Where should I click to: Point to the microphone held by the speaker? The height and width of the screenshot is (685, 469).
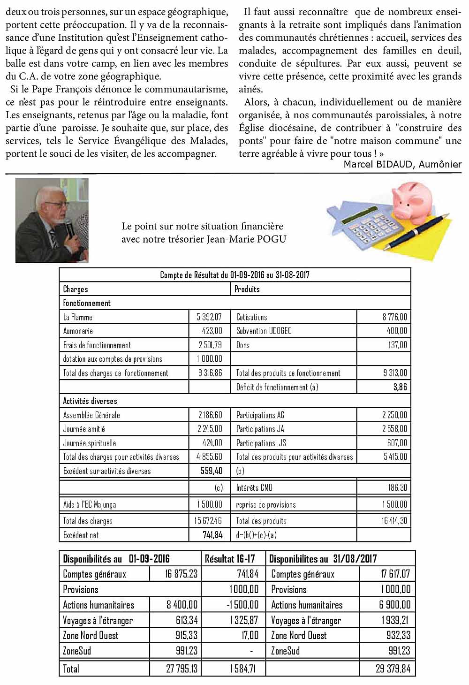[x=69, y=230]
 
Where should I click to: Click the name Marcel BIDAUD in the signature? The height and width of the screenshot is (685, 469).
[x=379, y=164]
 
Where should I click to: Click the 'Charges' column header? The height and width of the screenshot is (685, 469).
[x=76, y=289]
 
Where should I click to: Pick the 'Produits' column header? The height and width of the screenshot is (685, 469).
[x=247, y=289]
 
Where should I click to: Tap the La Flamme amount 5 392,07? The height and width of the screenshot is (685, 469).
[x=209, y=317]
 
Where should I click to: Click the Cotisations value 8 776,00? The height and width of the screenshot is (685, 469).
[x=395, y=317]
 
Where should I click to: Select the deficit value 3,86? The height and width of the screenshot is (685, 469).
[x=400, y=387]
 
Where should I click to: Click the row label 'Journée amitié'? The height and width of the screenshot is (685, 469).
[x=84, y=429]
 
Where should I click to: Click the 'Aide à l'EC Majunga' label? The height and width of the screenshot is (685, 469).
[x=90, y=504]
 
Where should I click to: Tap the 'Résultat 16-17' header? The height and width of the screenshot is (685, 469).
[x=230, y=558]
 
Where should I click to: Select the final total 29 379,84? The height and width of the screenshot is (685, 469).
[x=393, y=669]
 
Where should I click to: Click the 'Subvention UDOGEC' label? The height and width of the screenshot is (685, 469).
[x=264, y=331]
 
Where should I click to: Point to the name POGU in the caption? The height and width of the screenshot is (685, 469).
[x=271, y=239]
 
